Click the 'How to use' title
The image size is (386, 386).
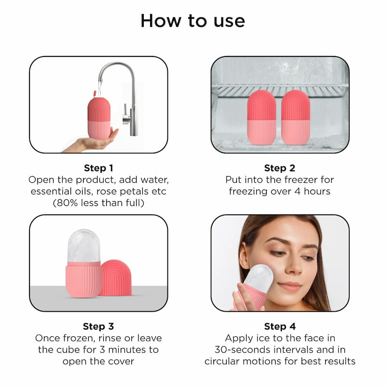193,21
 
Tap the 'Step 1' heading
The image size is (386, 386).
98,168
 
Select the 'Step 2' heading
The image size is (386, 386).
279,168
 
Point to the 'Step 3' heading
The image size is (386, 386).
98,326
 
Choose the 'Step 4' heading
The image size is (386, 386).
279,326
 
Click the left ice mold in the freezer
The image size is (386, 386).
261,117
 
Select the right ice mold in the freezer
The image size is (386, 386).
295,117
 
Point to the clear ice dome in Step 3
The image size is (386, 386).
84,246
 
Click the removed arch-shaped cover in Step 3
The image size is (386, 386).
115,277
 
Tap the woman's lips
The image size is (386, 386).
290,286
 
